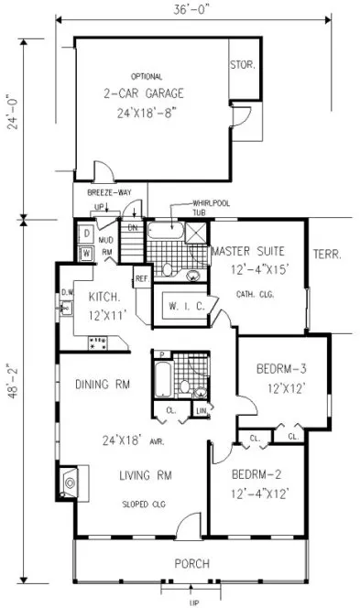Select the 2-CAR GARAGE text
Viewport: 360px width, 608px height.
pyautogui.click(x=145, y=92)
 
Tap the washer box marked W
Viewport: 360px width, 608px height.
pyautogui.click(x=85, y=253)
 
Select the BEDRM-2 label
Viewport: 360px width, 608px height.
pyautogui.click(x=252, y=474)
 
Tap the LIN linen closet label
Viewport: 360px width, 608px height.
pyautogui.click(x=202, y=412)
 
